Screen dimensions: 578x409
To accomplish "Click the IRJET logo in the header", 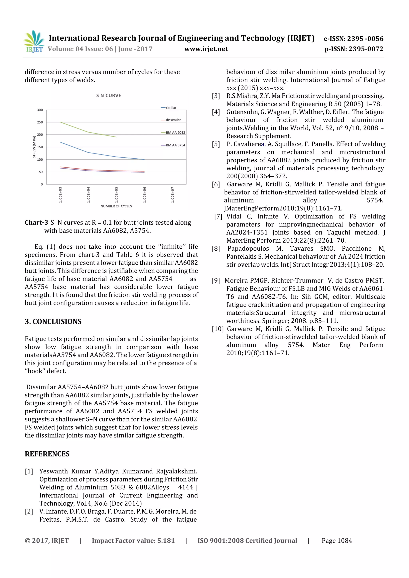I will point(34,41).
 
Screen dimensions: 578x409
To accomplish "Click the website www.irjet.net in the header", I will point(206,49).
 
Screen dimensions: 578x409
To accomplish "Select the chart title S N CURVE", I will point(109,95).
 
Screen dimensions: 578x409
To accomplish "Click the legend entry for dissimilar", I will point(173,120).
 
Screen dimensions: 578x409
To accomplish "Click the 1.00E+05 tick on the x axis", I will point(116,195).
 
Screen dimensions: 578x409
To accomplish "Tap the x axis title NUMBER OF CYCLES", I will point(116,206).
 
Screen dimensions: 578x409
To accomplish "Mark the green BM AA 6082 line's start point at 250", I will point(61,122).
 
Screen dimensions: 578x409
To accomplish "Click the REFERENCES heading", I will point(47,454).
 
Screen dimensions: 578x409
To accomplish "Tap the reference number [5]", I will point(216,144).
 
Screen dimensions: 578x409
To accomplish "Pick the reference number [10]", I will point(218,329).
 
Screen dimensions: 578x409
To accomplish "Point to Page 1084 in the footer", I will point(337,540).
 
